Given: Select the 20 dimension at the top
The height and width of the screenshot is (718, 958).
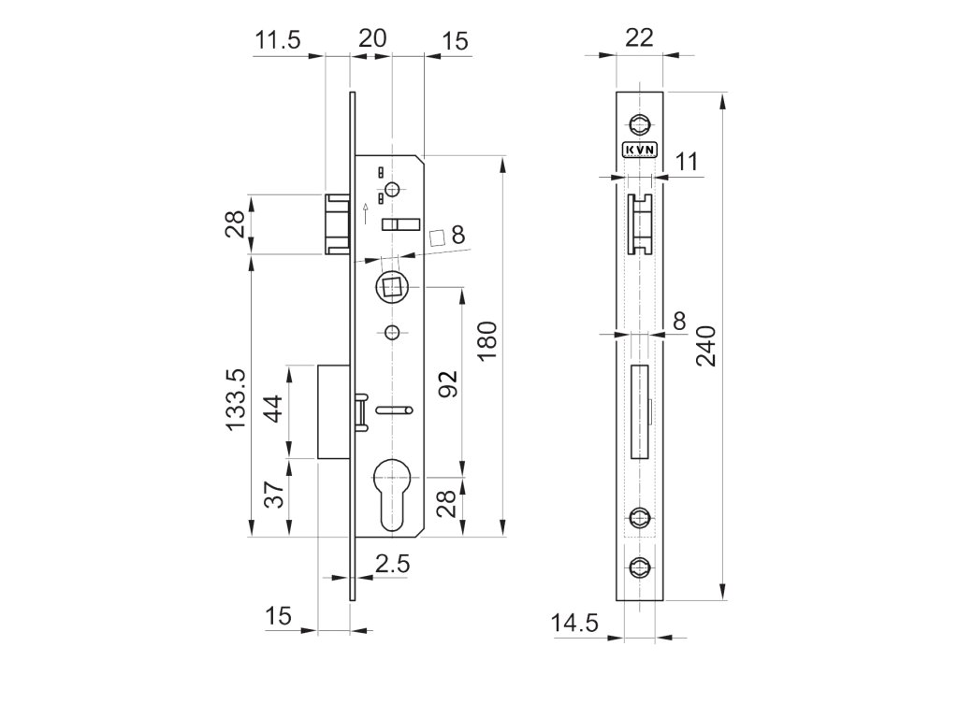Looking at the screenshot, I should (372, 39).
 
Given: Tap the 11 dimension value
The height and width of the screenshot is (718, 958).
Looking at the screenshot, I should (688, 161).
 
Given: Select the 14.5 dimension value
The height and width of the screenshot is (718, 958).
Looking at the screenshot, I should (574, 624).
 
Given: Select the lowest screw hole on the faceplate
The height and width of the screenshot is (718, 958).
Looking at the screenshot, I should (640, 565).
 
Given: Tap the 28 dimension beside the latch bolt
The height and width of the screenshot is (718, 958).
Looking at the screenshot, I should (237, 224).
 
